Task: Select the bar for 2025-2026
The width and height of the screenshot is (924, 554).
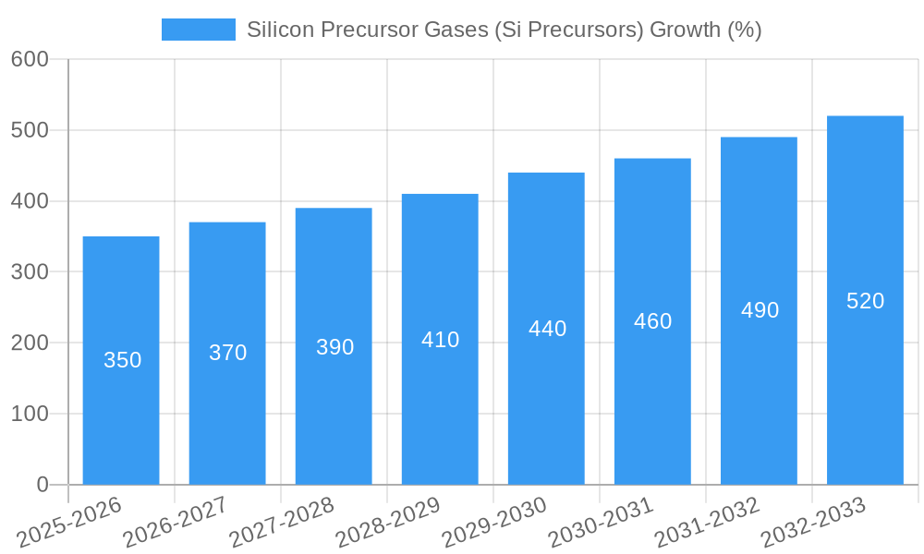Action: coord(121,360)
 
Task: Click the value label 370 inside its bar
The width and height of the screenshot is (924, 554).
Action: coord(227,353)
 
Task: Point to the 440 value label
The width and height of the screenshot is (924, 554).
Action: coord(547,329)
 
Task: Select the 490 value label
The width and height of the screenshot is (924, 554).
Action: coord(760,310)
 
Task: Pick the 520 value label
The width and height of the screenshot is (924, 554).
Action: coord(865,301)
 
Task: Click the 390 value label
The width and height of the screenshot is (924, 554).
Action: coord(334,347)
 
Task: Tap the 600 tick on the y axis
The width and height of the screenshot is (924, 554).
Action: coord(30,59)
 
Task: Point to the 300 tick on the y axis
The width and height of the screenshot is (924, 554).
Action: coord(30,272)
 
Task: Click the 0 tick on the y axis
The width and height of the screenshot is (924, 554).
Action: coord(43,485)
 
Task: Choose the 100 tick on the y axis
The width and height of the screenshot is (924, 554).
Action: coord(30,414)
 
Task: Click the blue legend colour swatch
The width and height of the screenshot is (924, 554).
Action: coord(198,30)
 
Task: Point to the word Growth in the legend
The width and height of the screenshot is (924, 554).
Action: coord(686,30)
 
